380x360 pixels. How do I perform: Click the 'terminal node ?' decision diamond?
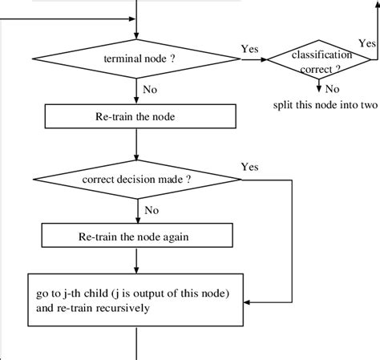coord(139,59)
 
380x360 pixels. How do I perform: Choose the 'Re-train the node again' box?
coord(139,236)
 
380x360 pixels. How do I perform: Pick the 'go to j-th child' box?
coord(139,299)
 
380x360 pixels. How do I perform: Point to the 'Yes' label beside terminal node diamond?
coord(249,50)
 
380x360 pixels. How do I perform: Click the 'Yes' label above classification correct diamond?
coord(367,42)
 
